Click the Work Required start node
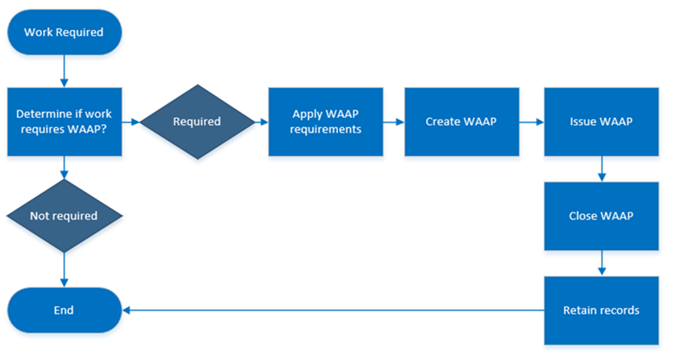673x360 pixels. [x=64, y=32]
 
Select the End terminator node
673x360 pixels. [x=64, y=311]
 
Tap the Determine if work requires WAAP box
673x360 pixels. [x=64, y=121]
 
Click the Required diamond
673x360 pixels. [x=197, y=122]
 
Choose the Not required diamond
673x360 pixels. [x=64, y=216]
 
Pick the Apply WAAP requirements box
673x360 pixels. [x=325, y=121]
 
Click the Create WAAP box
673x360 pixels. [x=461, y=122]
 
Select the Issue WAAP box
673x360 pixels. [x=601, y=122]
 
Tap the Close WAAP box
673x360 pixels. [x=601, y=216]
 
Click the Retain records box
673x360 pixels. [x=601, y=311]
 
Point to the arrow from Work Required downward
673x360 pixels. [x=64, y=71]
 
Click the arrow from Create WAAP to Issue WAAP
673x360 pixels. [x=531, y=122]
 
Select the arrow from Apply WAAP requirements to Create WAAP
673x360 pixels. [x=393, y=122]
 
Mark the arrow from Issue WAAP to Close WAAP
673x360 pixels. [x=601, y=169]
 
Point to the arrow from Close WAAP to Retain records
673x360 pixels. [x=601, y=263]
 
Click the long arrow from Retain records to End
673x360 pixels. [x=332, y=311]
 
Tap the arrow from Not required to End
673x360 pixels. [x=64, y=269]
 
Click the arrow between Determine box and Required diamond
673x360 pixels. [x=131, y=122]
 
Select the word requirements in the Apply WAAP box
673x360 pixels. [x=325, y=129]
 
